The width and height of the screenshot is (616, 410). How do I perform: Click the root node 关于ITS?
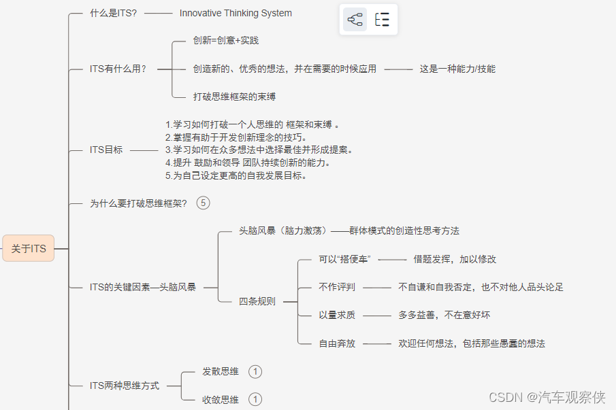[x=29, y=249]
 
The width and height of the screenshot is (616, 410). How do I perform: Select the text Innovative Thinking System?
[x=236, y=13]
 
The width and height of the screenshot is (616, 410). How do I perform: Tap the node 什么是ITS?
[x=113, y=13]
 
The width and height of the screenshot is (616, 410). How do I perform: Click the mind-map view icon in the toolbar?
[x=355, y=20]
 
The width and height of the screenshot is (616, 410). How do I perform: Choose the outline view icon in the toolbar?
[x=382, y=20]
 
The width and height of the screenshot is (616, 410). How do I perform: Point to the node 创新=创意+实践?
[x=225, y=40]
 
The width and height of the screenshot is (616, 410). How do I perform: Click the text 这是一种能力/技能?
[x=457, y=69]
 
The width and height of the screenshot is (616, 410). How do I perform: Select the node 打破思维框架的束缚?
[x=233, y=97]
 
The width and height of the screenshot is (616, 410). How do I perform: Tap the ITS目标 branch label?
[x=106, y=150]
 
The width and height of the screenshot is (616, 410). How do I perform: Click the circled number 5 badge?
[x=203, y=203]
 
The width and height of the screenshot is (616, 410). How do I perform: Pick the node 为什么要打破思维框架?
[x=138, y=203]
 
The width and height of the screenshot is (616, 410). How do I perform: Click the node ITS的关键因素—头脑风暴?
[x=143, y=287]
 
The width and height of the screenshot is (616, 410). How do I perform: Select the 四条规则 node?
[x=257, y=301]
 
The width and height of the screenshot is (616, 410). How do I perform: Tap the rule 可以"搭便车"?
[x=344, y=259]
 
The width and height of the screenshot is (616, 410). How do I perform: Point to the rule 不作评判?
[x=337, y=287]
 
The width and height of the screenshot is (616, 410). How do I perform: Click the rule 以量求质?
[x=337, y=315]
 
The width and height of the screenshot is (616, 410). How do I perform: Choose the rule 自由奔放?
[x=337, y=343]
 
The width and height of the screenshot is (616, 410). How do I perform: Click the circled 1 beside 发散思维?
[x=255, y=371]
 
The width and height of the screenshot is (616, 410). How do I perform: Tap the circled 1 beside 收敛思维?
[x=255, y=399]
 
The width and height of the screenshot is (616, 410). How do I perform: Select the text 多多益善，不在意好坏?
[x=444, y=315]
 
